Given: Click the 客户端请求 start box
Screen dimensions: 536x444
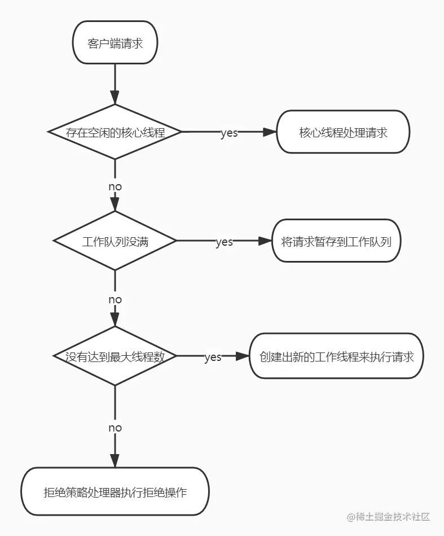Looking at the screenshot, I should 115,43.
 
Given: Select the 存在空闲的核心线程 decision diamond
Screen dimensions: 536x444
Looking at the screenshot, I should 115,132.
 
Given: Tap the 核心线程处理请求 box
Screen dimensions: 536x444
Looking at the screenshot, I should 343,132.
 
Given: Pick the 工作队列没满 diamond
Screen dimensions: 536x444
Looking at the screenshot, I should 115,241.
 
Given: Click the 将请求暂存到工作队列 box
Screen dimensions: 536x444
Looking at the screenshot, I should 340,241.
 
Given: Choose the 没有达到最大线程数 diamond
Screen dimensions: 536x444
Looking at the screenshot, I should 115,356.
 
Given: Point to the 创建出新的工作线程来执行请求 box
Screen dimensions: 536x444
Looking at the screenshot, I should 337,356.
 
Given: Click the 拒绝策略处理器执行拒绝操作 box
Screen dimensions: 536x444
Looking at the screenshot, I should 115,491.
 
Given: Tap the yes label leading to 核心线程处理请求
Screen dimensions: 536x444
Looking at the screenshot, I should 228,133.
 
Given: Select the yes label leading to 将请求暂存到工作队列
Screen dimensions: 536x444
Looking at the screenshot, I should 224,242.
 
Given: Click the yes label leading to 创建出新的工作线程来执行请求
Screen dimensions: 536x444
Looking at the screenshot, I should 213,358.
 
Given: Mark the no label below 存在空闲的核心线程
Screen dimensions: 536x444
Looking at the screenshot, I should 115,186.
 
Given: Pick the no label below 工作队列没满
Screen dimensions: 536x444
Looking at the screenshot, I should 115,299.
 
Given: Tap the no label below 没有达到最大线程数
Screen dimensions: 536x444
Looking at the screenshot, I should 115,428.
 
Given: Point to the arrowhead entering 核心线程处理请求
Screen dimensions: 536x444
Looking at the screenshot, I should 270,132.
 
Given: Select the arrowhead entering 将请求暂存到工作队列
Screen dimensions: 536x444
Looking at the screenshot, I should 266,241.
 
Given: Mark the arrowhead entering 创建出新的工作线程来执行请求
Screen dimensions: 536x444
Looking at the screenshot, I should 243,356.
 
